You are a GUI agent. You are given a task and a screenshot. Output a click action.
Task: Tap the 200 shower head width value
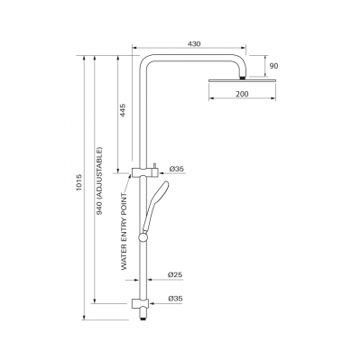pos(243,93)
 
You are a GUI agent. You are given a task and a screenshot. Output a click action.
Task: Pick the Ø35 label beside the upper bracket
pos(176,168)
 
